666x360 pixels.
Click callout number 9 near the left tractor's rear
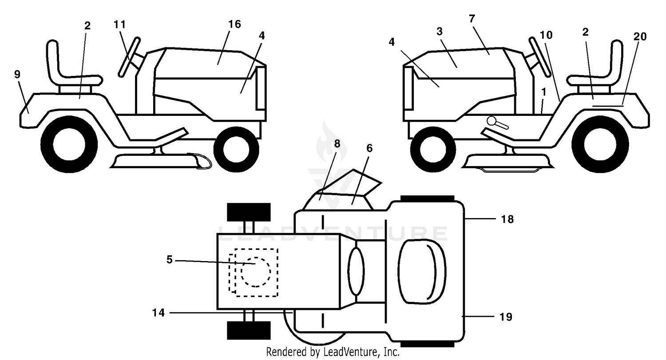(17, 74)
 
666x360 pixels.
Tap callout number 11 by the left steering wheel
(120, 24)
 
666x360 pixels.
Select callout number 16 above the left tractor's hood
(234, 24)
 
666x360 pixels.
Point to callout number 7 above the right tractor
(472, 19)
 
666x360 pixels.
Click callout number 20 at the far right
(640, 36)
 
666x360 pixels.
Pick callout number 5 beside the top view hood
(170, 260)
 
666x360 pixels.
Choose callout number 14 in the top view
(158, 313)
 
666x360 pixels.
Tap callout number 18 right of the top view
(507, 219)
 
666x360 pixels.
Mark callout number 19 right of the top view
(506, 317)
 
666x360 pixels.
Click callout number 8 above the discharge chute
(337, 144)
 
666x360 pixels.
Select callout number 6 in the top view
(369, 148)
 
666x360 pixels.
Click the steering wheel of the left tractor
(129, 57)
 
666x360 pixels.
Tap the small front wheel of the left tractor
(236, 150)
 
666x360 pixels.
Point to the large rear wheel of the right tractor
(600, 144)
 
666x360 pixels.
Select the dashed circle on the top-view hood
(256, 272)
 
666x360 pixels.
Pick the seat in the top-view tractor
(422, 271)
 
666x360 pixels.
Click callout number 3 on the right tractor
(440, 32)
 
